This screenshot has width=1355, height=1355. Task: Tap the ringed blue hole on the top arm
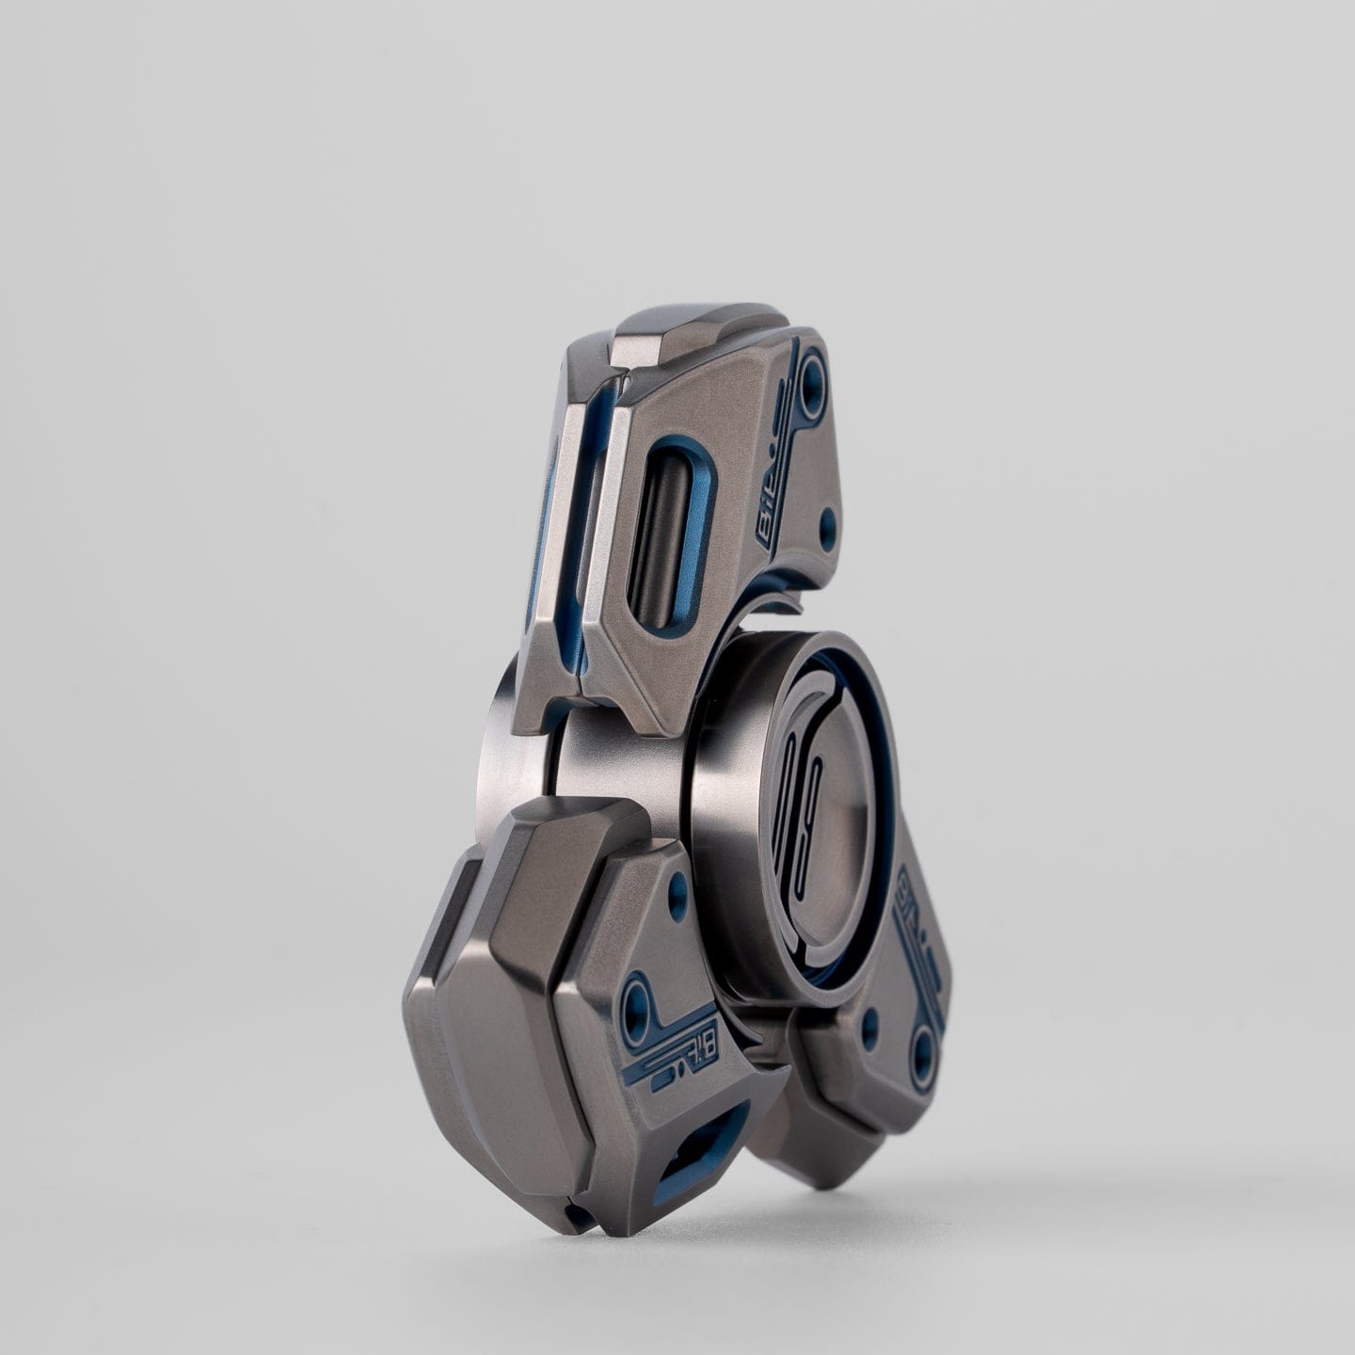tap(811, 386)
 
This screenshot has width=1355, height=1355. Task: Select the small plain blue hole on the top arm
tap(827, 519)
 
